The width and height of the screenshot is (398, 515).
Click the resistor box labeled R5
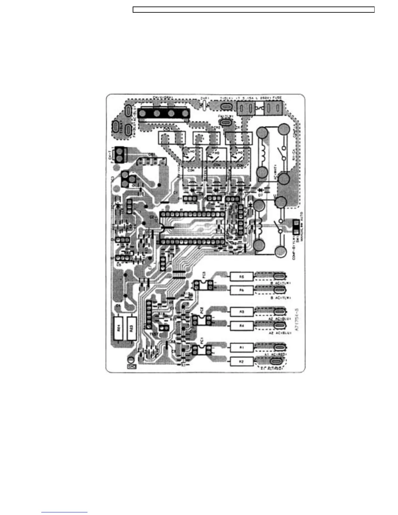tap(242, 277)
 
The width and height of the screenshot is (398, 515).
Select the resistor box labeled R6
tap(242, 290)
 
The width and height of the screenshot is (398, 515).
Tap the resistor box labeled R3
tap(242, 312)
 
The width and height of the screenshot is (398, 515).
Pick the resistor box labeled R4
tap(242, 326)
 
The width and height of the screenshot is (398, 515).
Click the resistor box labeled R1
tap(242, 348)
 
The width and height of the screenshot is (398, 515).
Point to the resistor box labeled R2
tap(242, 361)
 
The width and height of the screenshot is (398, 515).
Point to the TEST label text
tap(154, 334)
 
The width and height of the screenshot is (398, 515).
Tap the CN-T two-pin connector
tap(120, 154)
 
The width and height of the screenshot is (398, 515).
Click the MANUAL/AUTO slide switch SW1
tap(296, 227)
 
